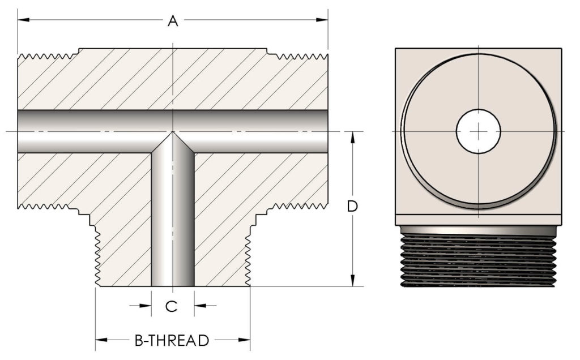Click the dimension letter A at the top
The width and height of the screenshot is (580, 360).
[173, 21]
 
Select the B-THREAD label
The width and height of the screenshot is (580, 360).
[172, 340]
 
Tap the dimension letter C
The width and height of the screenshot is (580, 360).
[172, 306]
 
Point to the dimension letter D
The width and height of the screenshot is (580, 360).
[352, 207]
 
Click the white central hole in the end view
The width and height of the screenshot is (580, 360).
[479, 131]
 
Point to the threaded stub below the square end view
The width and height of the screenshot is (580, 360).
[479, 258]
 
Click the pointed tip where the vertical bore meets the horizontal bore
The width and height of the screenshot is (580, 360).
[173, 134]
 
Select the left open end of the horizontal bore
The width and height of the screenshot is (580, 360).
[20, 131]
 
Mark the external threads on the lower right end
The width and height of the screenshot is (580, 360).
[297, 205]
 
